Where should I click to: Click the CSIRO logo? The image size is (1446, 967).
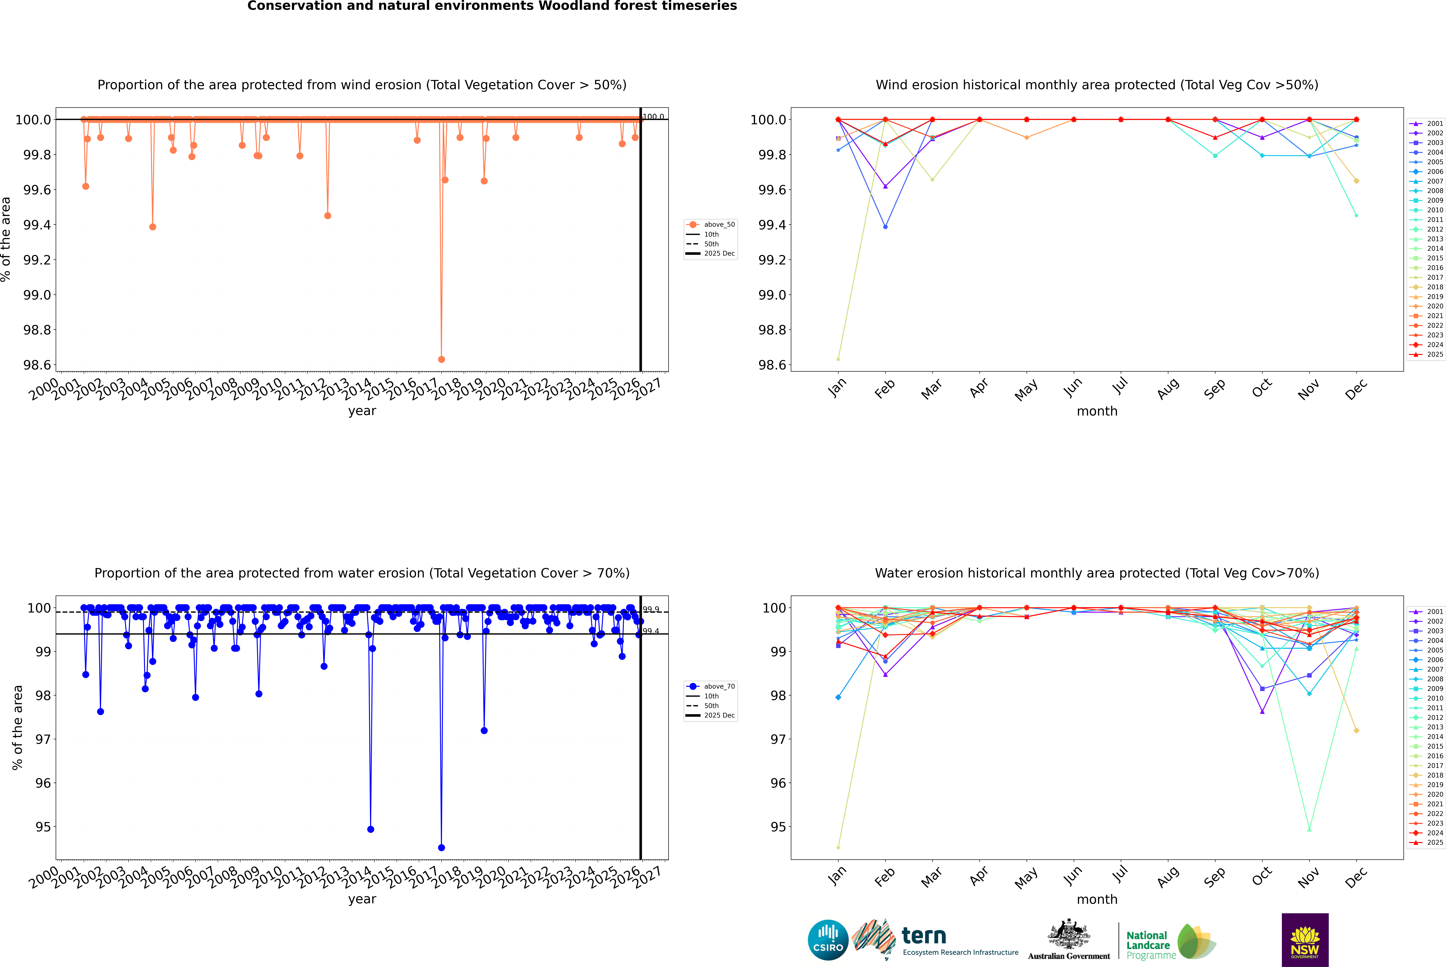828,940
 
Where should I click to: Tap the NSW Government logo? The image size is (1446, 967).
1305,940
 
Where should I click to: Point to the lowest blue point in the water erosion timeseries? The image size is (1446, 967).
441,847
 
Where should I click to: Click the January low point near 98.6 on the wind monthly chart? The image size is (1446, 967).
838,359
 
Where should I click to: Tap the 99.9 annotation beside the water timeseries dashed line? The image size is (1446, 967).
651,609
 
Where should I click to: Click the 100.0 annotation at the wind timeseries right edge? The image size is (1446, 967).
653,117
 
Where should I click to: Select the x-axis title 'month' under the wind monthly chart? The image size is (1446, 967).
1096,411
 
